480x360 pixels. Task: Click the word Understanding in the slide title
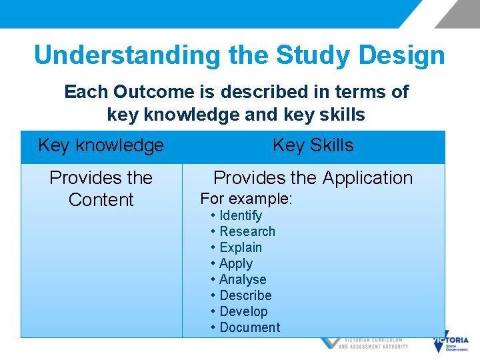[127, 55]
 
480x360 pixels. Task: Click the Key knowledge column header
[101, 145]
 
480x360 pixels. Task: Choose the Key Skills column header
[313, 145]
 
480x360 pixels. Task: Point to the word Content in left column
[101, 200]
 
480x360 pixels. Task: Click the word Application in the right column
[367, 178]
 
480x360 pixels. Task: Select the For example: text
[247, 199]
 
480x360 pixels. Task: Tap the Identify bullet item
[240, 215]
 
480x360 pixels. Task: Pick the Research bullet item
[247, 231]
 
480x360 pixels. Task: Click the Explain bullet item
[240, 247]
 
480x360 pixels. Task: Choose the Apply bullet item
[235, 263]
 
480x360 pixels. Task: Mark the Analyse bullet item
[242, 279]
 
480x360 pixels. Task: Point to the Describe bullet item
[245, 295]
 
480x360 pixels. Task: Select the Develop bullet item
[243, 311]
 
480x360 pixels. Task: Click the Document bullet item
[249, 327]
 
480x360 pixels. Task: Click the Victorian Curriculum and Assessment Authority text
[373, 343]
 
